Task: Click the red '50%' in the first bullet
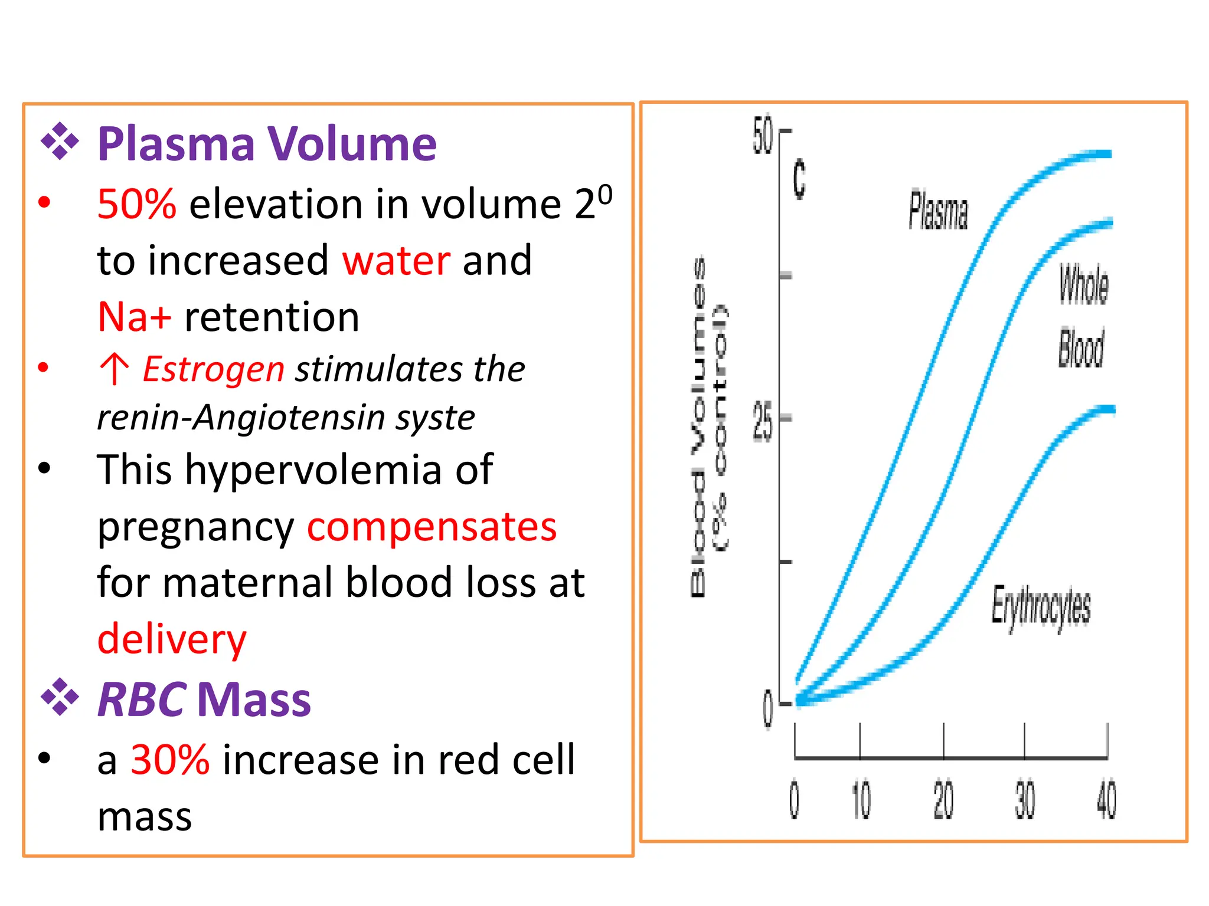(x=136, y=204)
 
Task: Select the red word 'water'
(x=396, y=260)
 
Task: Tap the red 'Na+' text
(x=135, y=317)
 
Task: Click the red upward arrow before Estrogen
(x=115, y=369)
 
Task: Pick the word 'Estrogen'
(x=214, y=369)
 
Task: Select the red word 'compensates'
(x=432, y=526)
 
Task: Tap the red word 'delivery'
(x=172, y=639)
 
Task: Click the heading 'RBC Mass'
(x=204, y=700)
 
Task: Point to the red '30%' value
(x=170, y=759)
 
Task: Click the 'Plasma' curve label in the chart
(x=937, y=210)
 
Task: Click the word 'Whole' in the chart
(x=1083, y=284)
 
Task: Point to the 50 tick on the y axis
(x=762, y=134)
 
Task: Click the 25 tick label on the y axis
(x=762, y=420)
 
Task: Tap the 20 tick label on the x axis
(x=943, y=800)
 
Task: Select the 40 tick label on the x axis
(x=1106, y=800)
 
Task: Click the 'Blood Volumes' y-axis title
(x=698, y=428)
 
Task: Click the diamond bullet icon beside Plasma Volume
(x=60, y=142)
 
